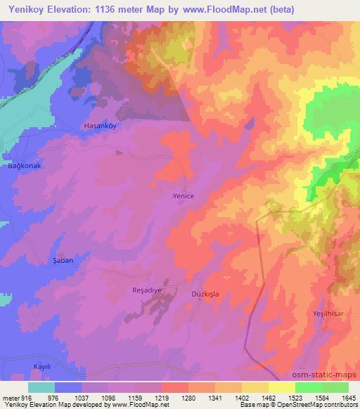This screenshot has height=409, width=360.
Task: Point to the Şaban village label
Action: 63,260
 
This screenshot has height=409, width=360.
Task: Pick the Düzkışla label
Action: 205,295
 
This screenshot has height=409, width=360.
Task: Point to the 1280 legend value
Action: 188,397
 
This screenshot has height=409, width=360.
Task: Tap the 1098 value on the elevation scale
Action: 108,397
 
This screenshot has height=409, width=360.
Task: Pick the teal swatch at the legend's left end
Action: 41,387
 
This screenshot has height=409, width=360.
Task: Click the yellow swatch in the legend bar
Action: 281,387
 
